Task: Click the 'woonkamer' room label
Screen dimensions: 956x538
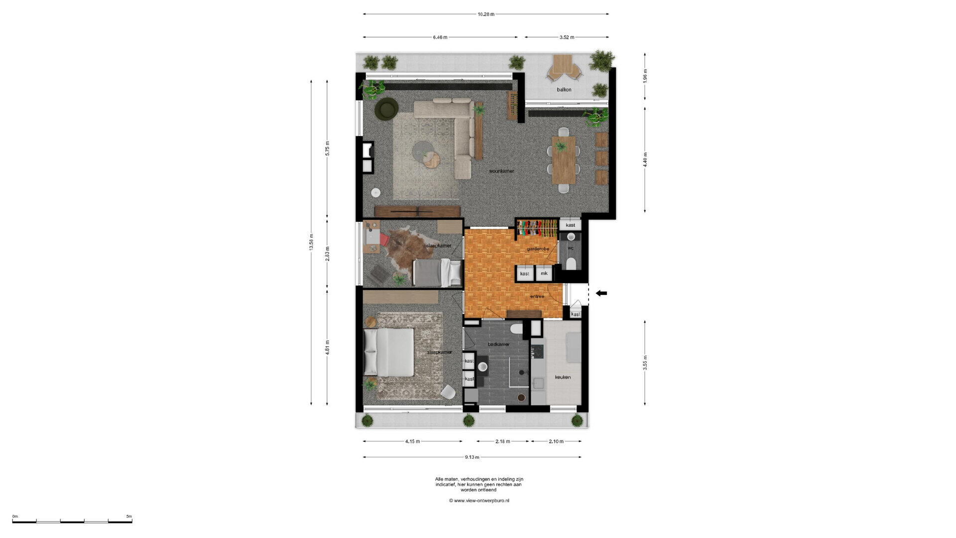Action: pos(501,171)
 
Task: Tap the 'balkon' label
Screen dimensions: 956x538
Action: pos(564,90)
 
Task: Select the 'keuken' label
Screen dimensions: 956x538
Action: pos(563,377)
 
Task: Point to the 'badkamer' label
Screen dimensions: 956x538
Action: pos(498,344)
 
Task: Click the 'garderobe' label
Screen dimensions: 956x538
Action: pos(538,249)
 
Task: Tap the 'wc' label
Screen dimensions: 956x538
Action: pos(571,248)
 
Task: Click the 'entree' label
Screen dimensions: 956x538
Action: pos(537,296)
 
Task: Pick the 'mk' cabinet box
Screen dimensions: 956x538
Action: pos(544,273)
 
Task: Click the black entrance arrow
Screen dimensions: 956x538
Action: pos(601,293)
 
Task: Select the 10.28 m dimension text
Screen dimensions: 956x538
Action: pos(486,14)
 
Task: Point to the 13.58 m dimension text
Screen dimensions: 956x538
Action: pos(312,242)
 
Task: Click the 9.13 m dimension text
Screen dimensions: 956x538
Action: pos(472,457)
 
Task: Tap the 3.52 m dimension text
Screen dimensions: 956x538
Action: pos(567,37)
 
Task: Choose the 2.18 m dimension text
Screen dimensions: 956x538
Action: pos(503,441)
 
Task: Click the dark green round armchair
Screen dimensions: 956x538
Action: pos(387,109)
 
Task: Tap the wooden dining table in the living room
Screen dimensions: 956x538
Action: pos(564,160)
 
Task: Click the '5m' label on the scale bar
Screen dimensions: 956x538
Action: pos(129,516)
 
